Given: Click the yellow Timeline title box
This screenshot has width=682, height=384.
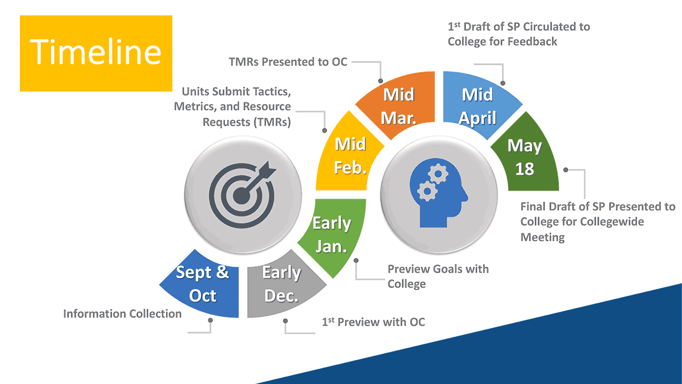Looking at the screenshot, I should pos(96,53).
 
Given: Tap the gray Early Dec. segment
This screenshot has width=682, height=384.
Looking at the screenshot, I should pos(281,284).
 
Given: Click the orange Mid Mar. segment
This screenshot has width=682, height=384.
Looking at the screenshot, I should pos(398,105).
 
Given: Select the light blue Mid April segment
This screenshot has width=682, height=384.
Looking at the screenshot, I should pos(477,106).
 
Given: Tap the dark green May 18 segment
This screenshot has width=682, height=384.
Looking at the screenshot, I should pos(525,156).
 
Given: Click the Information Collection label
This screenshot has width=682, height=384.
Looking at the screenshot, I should pos(122,313).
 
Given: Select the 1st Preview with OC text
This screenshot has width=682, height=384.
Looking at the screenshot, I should pos(373,322).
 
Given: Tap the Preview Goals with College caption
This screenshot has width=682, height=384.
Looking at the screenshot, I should pos(438,276).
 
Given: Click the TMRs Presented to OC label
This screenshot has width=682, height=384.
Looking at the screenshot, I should pos(288,61).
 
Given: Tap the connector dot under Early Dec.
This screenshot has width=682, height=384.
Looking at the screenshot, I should pos(285,321).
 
